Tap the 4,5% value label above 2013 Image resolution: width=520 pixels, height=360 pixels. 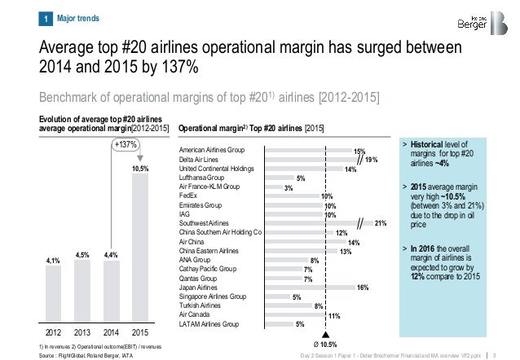click(82, 254)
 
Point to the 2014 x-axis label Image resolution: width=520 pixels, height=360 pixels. click(112, 332)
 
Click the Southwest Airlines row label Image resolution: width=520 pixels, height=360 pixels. click(205, 222)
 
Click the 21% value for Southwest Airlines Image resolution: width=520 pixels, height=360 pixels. click(381, 222)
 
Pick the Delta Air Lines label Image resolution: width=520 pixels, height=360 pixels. click(203, 160)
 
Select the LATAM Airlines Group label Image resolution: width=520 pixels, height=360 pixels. click(209, 323)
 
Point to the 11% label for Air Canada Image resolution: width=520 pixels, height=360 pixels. click(333, 315)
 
